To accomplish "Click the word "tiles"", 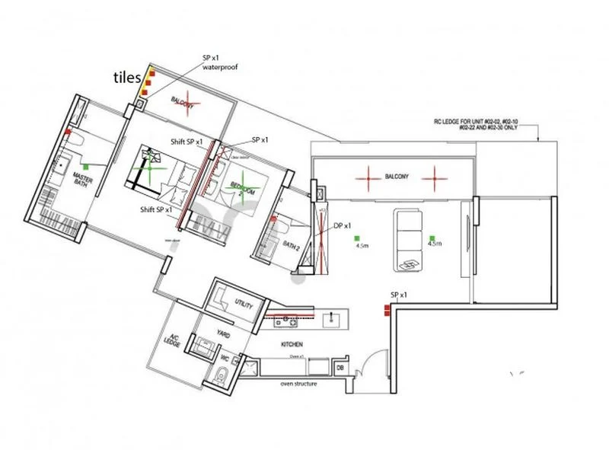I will pos(126,77).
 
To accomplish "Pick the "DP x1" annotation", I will pos(343,226).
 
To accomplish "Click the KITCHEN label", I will pos(292,344).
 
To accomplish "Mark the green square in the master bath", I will pos(86,165).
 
